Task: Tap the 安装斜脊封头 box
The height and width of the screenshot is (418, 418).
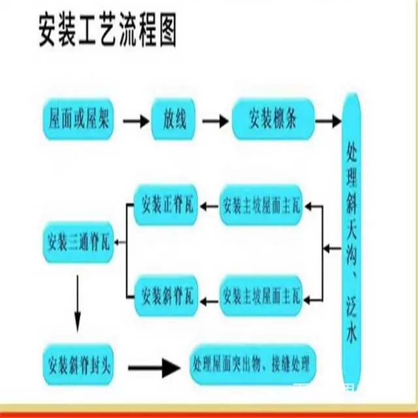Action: [x=77, y=363]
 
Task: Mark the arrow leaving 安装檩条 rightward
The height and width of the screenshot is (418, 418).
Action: [x=328, y=121]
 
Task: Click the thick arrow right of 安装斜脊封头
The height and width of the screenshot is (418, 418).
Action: [x=153, y=367]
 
